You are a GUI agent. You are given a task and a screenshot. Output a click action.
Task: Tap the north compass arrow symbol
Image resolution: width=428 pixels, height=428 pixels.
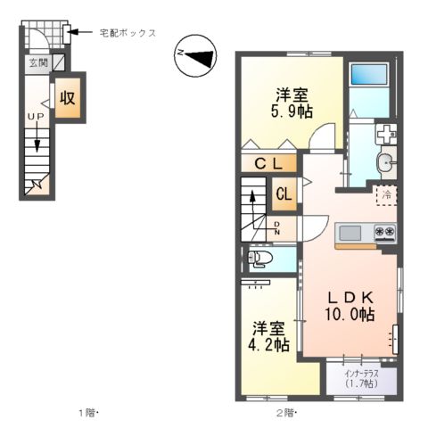pyautogui.click(x=194, y=55)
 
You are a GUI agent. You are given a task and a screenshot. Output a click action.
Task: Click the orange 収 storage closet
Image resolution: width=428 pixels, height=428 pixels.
pyautogui.click(x=67, y=98)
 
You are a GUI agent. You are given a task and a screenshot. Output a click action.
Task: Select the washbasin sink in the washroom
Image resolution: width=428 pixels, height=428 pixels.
pyautogui.click(x=385, y=162)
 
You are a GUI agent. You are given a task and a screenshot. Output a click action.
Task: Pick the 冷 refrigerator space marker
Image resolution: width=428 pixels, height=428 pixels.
pyautogui.click(x=387, y=193)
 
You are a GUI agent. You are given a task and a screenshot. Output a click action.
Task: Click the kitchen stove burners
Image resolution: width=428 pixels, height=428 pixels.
pyautogui.click(x=385, y=234)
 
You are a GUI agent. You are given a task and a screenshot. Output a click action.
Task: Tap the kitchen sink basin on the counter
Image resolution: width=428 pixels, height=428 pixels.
pyautogui.click(x=350, y=234)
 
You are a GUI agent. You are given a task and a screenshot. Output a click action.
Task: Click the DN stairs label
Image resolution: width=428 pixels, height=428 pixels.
pyautogui.click(x=277, y=227)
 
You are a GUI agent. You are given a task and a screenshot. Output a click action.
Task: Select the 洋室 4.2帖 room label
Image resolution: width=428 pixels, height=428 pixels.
pyautogui.click(x=268, y=335)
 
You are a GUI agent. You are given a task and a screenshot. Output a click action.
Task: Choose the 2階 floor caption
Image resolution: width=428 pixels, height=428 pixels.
pyautogui.click(x=285, y=413)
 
